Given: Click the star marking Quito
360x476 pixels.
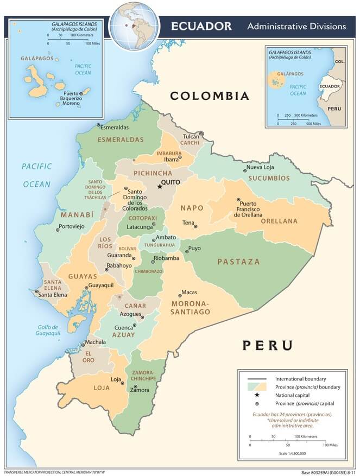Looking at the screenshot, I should [160, 187].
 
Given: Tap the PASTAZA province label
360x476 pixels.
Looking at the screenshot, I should [238, 262].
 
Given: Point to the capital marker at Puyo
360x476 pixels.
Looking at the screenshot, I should [185, 251].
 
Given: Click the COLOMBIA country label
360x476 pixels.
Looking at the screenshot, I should [210, 96].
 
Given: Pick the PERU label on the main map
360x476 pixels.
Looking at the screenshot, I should [267, 345].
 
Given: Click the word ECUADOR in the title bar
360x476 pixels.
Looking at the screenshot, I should [201, 26].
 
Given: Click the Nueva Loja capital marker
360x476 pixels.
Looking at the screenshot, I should [244, 170].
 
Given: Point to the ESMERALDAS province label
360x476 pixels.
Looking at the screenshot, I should [121, 139].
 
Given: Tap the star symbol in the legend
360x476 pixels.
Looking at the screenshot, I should [257, 395].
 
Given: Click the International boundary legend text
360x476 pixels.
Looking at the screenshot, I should [300, 378].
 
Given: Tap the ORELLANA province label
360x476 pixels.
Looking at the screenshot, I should [279, 221].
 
